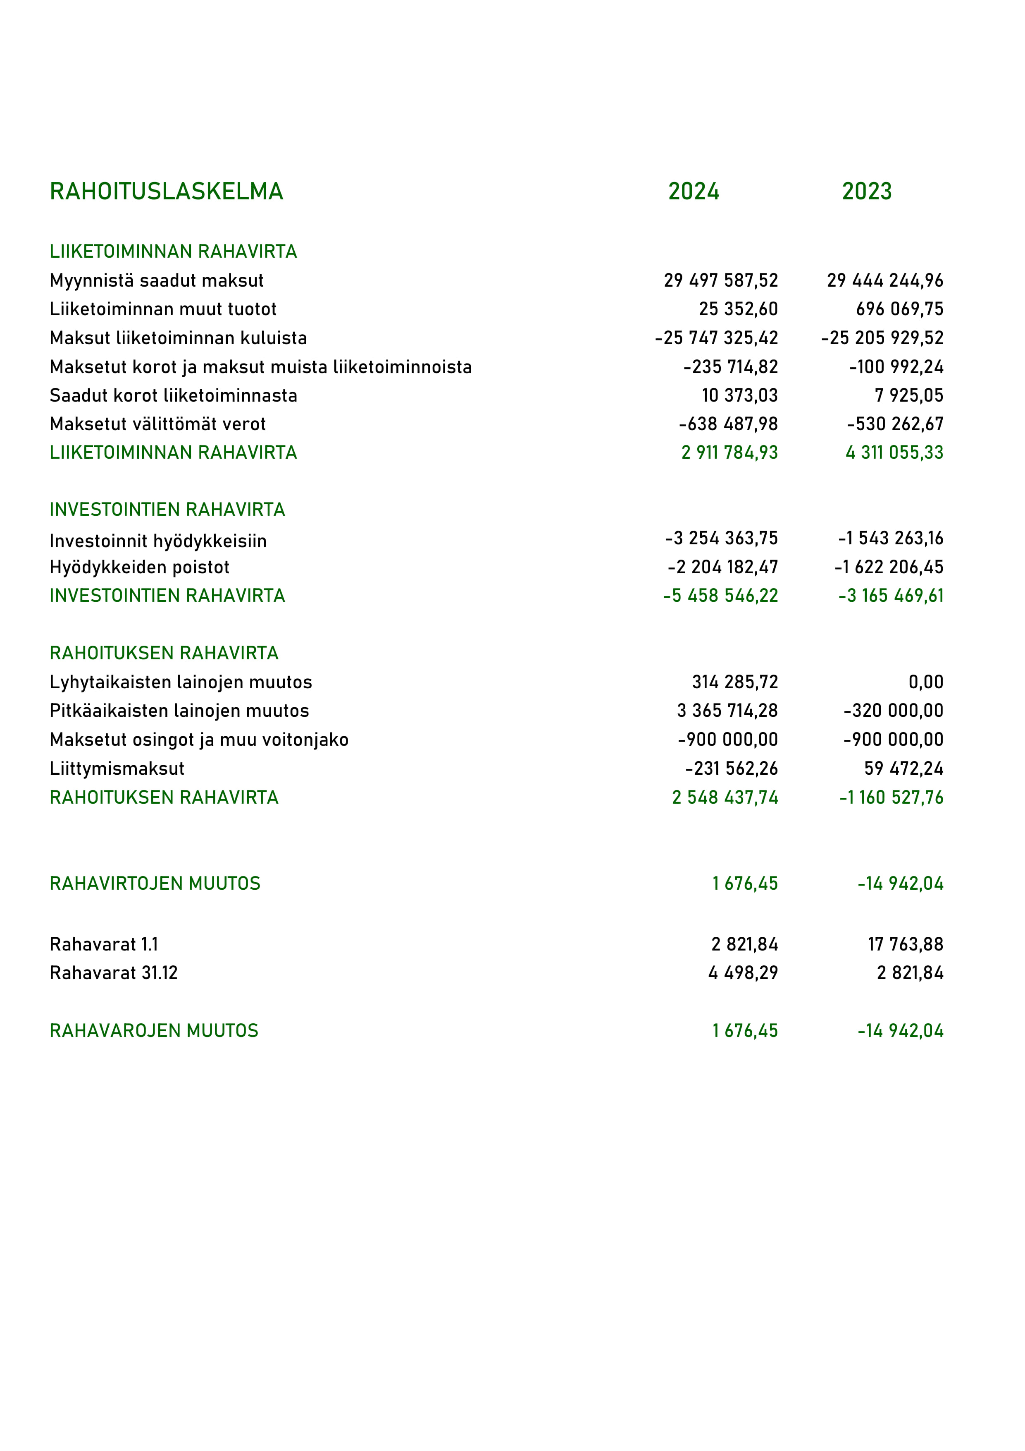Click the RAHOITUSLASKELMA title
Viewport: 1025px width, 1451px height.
[166, 192]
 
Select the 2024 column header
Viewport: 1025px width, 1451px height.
[694, 192]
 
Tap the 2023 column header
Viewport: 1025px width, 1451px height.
[866, 192]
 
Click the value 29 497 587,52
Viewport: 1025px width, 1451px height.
[720, 280]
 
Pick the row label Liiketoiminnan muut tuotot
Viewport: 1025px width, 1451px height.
[163, 309]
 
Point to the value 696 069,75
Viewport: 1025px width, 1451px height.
[899, 309]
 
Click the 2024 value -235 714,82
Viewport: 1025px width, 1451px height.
[731, 366]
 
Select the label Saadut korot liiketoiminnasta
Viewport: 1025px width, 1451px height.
[173, 395]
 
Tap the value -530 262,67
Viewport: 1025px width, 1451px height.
[895, 424]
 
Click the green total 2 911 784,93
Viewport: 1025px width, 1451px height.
[729, 453]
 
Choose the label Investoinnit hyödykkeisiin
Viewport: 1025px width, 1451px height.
[158, 541]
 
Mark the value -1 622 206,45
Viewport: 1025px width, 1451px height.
[889, 567]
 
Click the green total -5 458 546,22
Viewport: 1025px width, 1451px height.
[720, 595]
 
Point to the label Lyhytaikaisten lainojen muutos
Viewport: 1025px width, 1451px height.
[181, 682]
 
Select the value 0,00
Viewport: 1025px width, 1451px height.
[926, 682]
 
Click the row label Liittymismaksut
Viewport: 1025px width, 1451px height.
[117, 769]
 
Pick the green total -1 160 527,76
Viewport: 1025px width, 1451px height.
[891, 797]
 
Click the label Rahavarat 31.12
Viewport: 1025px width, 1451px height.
[114, 972]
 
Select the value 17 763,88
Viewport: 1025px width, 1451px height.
[905, 944]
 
